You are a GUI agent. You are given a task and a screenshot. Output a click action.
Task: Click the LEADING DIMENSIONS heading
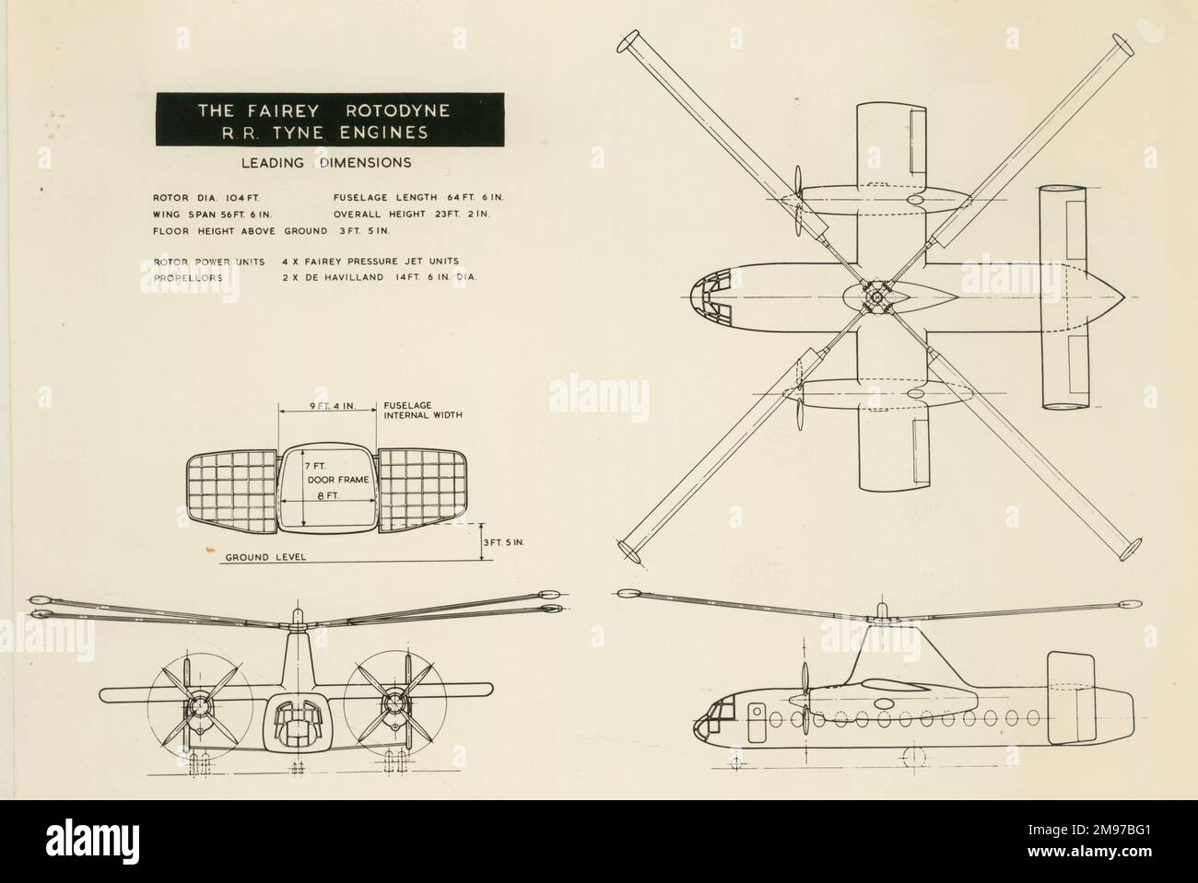pos(326,163)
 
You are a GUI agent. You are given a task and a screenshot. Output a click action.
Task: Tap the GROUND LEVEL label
pos(264,558)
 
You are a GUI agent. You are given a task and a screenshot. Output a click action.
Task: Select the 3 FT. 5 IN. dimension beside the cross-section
pos(503,544)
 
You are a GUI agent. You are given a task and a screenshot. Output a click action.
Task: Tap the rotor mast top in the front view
pos(297,614)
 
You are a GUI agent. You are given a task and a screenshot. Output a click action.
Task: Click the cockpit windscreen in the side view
pos(715,708)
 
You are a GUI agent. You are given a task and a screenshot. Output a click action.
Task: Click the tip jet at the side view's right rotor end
pos(1128,606)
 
